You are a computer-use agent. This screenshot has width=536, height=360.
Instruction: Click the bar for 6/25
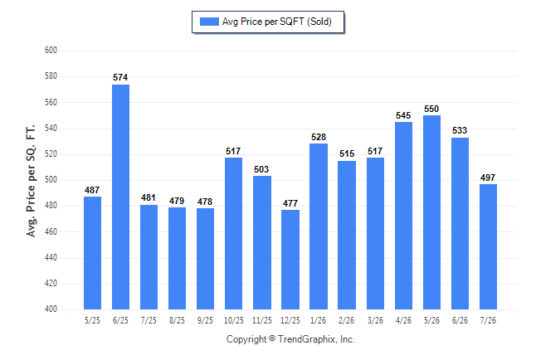120,197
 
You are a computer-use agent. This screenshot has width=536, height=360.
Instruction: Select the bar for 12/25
290,260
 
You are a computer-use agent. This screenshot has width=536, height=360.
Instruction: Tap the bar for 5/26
431,212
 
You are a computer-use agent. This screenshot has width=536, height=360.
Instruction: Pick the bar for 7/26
488,247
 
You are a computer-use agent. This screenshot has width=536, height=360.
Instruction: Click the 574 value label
120,77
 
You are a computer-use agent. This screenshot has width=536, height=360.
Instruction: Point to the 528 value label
319,137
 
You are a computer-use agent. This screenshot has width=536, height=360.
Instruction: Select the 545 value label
403,115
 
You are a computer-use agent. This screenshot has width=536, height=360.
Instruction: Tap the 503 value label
261,169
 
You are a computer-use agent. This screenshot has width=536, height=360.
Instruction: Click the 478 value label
205,202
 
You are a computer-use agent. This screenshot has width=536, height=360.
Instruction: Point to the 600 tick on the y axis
51,51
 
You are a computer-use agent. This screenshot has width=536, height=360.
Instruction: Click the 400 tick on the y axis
51,309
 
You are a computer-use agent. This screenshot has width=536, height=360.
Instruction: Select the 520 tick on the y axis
51,153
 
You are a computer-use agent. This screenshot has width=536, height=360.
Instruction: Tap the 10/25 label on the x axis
234,320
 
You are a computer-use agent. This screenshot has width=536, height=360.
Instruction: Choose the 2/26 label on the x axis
346,320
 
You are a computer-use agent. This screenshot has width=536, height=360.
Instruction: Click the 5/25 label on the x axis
92,320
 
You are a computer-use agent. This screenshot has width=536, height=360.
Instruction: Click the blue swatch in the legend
209,22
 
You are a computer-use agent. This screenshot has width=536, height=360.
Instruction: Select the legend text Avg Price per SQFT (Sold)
277,22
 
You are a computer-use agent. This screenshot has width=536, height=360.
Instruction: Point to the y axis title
31,181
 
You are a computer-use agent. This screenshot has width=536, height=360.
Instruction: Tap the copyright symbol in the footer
272,338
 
